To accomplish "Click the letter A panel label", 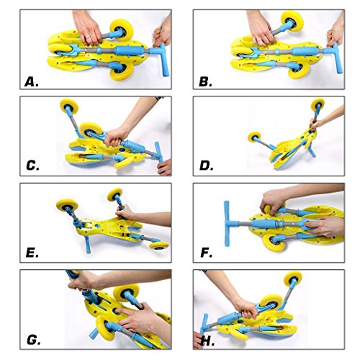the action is click(32, 82).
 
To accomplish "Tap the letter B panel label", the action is click(205, 82).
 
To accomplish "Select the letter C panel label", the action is click(32, 166).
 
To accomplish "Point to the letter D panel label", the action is click(206, 166).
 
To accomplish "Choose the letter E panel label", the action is click(32, 253).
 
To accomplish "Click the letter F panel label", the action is click(206, 253).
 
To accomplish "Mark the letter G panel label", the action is click(34, 340).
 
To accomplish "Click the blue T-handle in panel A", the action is click(161, 59).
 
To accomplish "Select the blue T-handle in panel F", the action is click(229, 224).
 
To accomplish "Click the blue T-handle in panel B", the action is click(333, 58).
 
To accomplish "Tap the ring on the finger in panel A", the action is click(88, 37).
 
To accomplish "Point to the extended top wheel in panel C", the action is click(69, 106).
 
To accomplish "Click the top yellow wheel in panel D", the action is click(318, 104).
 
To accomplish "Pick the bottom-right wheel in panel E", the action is click(159, 245).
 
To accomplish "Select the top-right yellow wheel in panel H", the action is click(293, 279).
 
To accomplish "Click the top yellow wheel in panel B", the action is click(292, 21).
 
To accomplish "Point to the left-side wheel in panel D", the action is click(254, 137).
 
